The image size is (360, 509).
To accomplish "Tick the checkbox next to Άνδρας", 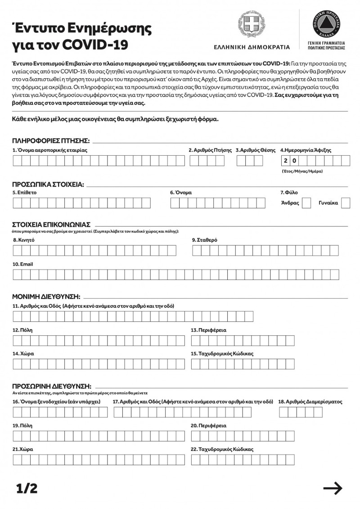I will tap(306, 203).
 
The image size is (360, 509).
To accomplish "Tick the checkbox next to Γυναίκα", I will tap(346, 203).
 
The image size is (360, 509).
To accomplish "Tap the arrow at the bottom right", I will tap(333, 488).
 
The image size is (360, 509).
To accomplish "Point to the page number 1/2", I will tap(27, 488).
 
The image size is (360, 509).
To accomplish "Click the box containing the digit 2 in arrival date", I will tap(285, 161).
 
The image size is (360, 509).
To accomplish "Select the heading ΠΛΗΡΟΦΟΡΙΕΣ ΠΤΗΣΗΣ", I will tap(51, 140).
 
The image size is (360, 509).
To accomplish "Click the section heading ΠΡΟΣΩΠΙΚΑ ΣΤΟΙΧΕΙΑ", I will tap(48, 184).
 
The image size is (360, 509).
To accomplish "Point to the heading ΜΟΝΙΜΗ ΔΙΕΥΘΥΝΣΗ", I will tap(46, 297).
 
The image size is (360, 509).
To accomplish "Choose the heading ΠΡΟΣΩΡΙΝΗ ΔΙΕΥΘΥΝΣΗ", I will tap(52, 386).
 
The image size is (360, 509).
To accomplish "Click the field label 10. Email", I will tap(22, 264).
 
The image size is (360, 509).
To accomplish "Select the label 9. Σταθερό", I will tap(205, 240).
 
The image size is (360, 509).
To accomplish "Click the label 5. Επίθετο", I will tap(25, 193).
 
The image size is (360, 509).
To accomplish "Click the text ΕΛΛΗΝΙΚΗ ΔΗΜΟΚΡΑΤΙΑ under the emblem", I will tap(252, 47).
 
